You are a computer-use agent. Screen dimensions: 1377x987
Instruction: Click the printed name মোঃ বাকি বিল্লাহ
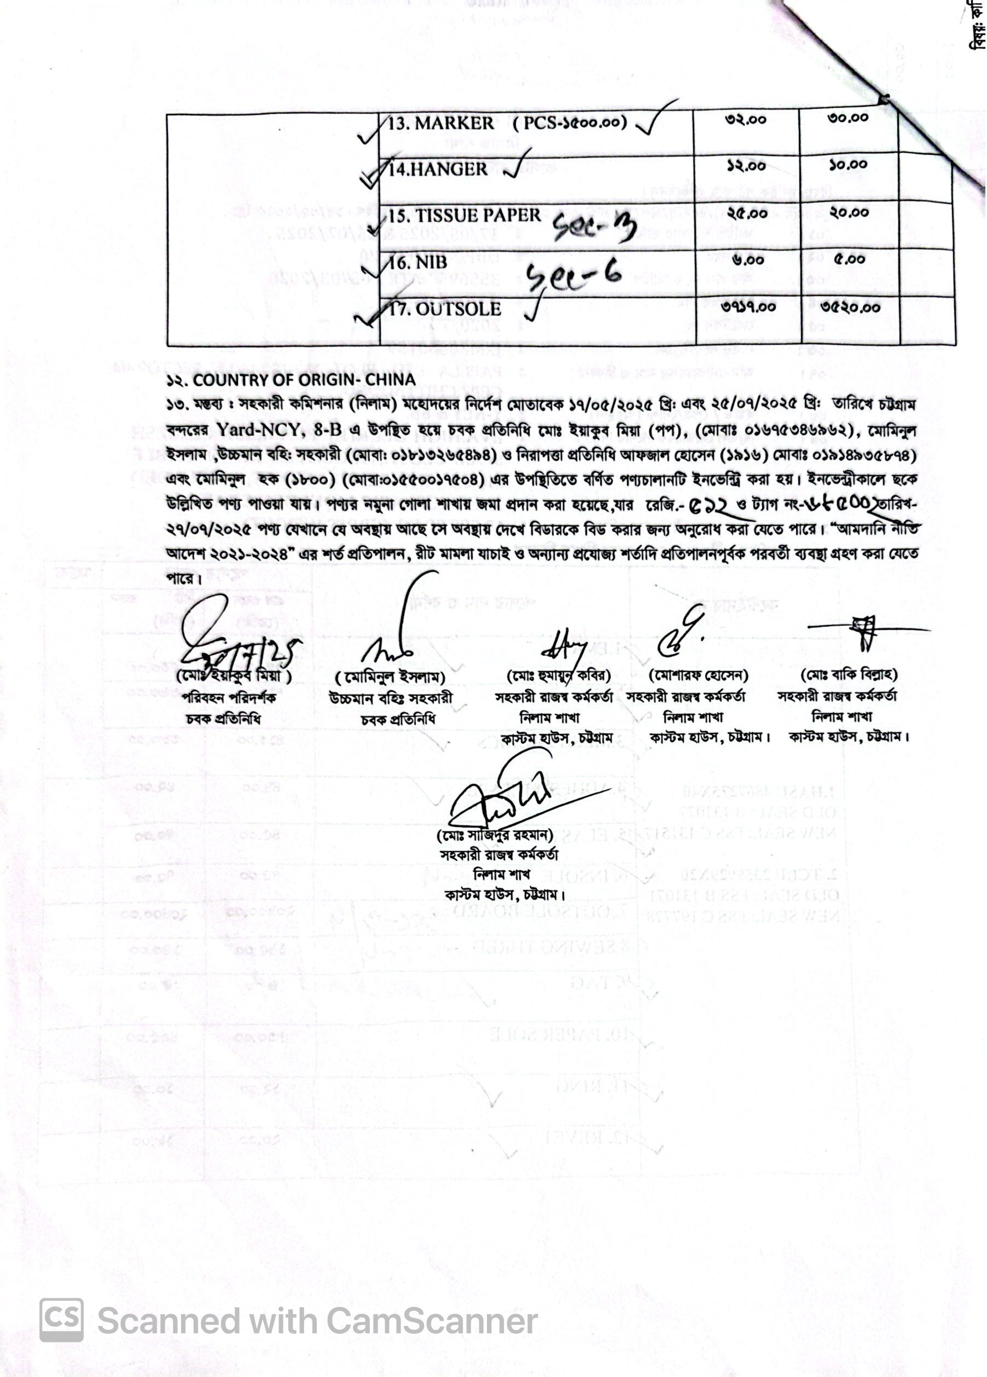pyautogui.click(x=849, y=674)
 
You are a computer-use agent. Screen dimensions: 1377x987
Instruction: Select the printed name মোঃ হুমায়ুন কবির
pyautogui.click(x=558, y=675)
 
